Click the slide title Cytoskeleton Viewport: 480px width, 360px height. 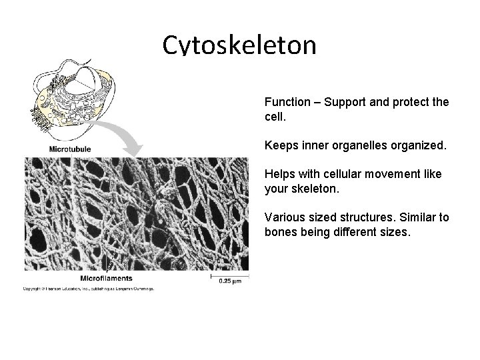[x=239, y=45]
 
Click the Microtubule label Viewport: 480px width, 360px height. [x=69, y=149]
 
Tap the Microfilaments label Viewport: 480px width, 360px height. [x=106, y=277]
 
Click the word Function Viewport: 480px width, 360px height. [x=287, y=103]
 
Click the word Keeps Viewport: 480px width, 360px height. [x=280, y=143]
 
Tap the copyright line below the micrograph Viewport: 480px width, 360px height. [x=89, y=289]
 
